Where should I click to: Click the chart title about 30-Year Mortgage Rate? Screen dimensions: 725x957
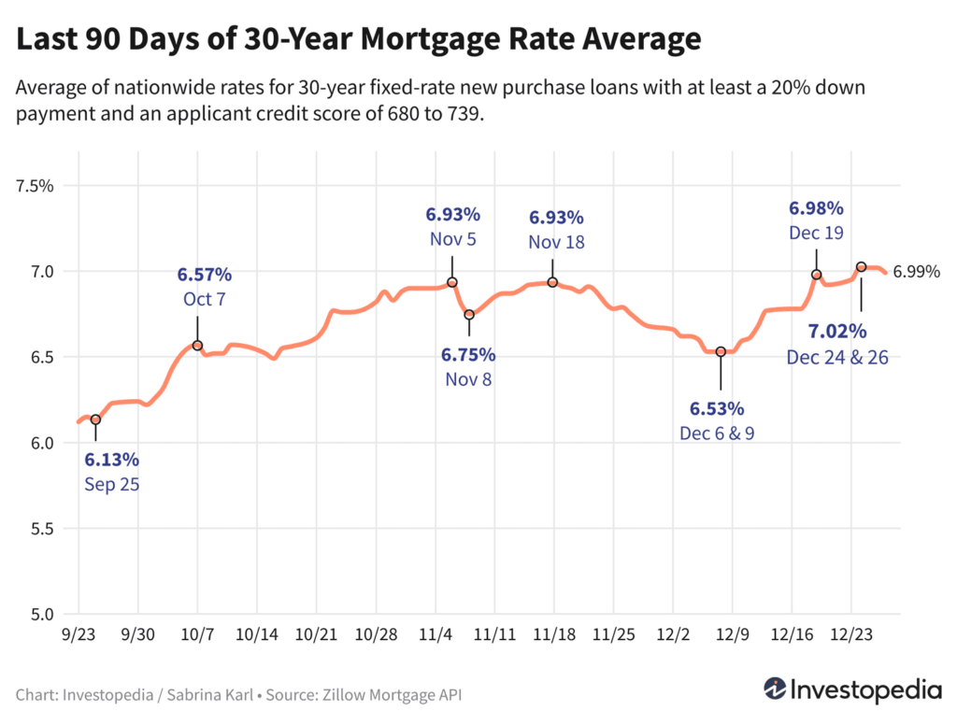coord(359,39)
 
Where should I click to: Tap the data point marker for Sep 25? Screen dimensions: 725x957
coord(95,419)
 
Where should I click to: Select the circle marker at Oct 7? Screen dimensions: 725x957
coord(197,346)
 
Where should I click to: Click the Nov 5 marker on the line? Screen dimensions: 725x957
coord(452,282)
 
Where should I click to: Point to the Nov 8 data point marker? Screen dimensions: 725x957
coord(469,315)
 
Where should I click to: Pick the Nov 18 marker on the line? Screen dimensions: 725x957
coord(552,282)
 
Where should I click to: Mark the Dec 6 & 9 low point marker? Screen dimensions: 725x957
coord(721,351)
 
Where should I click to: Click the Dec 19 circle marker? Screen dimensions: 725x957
coord(816,275)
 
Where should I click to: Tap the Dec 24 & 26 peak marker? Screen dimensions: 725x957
coord(862,266)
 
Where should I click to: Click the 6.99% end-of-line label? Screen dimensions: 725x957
coord(916,272)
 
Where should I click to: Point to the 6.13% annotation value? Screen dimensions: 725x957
coord(111,460)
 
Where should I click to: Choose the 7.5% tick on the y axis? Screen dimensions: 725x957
coord(36,186)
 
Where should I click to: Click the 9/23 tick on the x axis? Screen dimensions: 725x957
coord(79,633)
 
